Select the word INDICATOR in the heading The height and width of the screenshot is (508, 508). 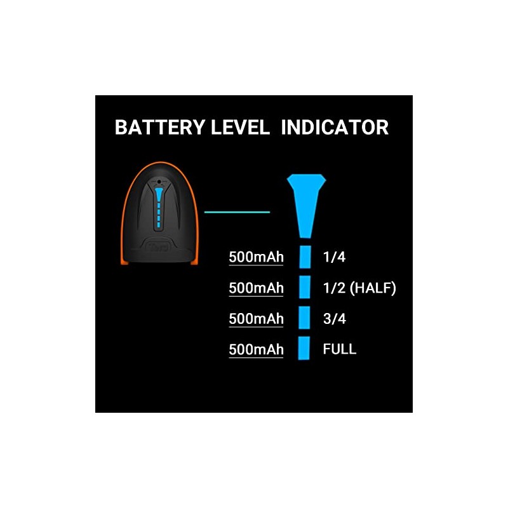click(x=335, y=127)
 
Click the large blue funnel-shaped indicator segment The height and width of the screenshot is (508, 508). click(x=307, y=203)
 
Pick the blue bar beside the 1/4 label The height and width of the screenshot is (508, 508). click(x=305, y=257)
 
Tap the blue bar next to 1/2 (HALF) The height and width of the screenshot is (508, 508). click(x=305, y=288)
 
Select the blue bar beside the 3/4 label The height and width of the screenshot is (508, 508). click(x=305, y=317)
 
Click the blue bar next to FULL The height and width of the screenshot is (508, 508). click(x=305, y=348)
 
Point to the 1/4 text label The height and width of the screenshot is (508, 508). click(x=334, y=257)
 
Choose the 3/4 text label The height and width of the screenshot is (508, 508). click(x=334, y=317)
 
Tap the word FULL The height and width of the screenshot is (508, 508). click(x=339, y=349)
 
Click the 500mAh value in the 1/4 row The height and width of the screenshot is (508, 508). click(x=256, y=257)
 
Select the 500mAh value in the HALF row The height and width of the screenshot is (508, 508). click(x=256, y=288)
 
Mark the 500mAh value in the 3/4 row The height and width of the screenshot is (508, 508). click(x=256, y=318)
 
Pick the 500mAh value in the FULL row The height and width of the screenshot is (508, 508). click(x=256, y=349)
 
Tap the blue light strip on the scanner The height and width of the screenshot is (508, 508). click(x=158, y=206)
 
